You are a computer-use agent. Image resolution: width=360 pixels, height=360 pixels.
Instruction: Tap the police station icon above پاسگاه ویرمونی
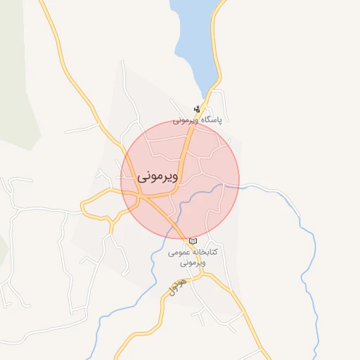pyautogui.click(x=198, y=109)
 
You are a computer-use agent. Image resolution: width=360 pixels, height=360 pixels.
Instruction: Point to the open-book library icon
pyautogui.click(x=193, y=241)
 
